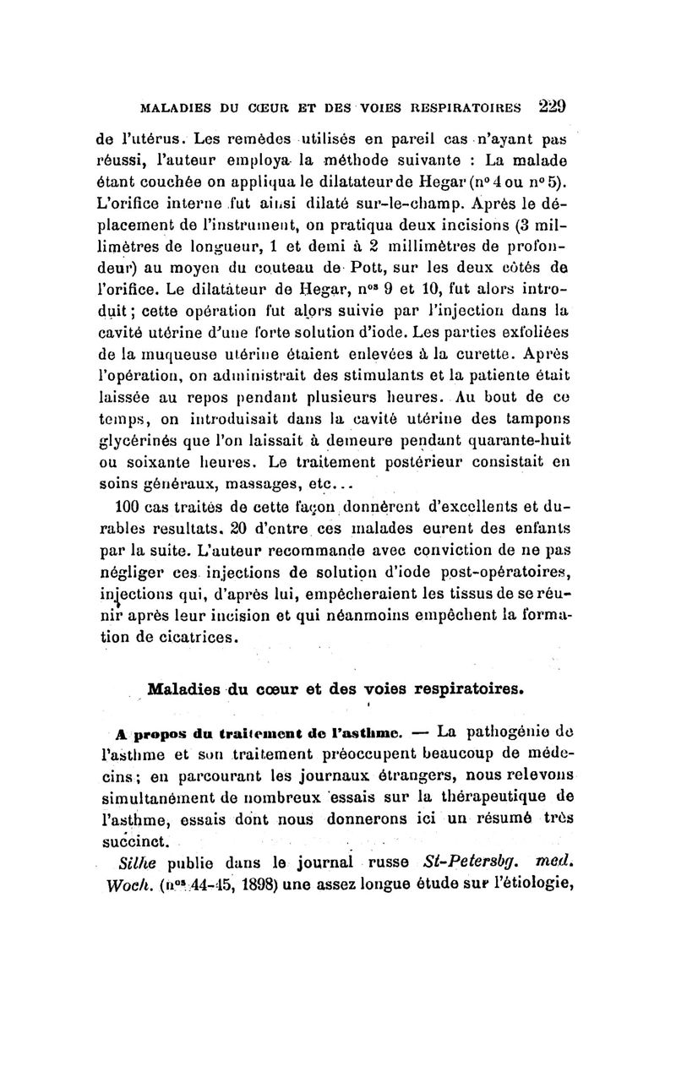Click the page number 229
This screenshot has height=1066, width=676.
549,107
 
